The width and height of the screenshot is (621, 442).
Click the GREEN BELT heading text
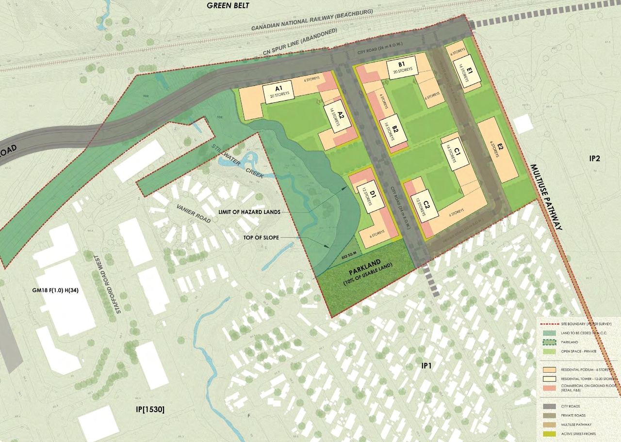coord(228,5)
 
